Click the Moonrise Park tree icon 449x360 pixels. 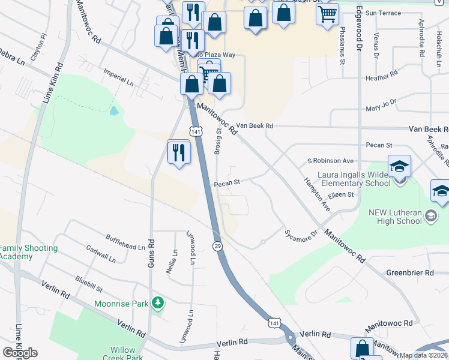click(x=158, y=303)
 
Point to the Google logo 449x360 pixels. click(x=20, y=353)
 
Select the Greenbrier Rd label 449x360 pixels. click(x=410, y=272)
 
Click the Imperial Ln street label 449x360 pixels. click(x=118, y=79)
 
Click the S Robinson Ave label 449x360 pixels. click(x=330, y=161)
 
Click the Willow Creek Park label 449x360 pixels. click(x=127, y=353)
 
